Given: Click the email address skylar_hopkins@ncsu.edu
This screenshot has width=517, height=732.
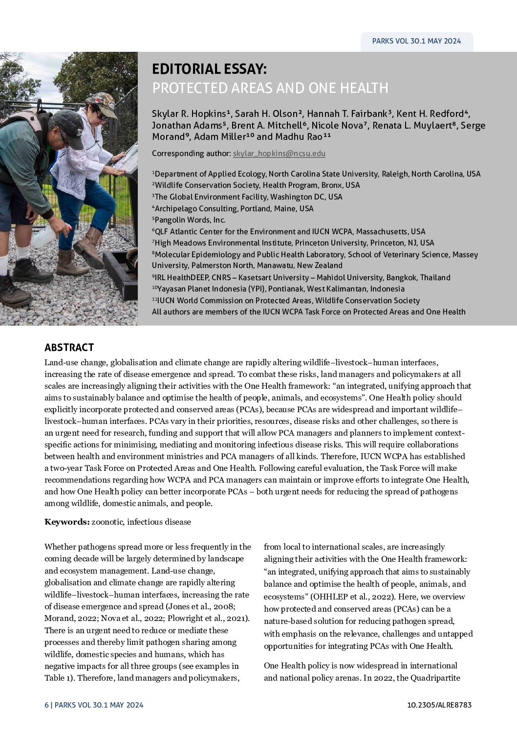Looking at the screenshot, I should [279, 154].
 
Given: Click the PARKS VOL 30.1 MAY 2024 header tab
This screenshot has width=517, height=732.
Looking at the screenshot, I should [416, 41].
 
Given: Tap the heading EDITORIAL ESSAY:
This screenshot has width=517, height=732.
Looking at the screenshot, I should [209, 68].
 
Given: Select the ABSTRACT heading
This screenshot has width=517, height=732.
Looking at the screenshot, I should [69, 348].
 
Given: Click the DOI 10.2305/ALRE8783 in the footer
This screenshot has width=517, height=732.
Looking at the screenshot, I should [439, 705].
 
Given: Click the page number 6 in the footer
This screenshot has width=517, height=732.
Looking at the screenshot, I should [46, 705].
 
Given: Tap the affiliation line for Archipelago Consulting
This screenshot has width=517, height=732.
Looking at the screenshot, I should [234, 208].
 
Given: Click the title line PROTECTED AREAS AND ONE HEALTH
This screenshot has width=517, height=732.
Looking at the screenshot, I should [270, 88].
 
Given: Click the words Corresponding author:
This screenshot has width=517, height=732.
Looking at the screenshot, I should [191, 154].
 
